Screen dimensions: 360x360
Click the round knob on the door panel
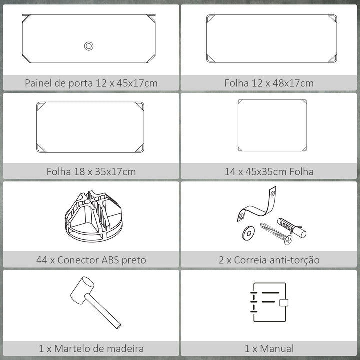point(89,46)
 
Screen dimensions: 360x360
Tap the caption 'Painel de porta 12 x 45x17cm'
point(91,83)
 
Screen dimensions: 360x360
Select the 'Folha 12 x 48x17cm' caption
point(270,83)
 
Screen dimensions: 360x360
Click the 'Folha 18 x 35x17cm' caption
point(91,171)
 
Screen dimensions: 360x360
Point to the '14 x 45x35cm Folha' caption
point(270,171)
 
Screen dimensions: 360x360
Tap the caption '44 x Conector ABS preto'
point(91,260)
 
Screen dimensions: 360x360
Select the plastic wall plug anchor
point(292,227)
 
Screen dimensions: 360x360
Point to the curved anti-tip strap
point(257,205)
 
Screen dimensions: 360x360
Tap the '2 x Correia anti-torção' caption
point(270,260)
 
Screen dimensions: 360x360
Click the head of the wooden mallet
point(82,290)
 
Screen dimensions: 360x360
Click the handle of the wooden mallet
point(105,312)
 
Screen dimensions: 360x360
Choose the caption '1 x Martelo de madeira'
point(91,348)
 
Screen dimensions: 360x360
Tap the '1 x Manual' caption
point(270,348)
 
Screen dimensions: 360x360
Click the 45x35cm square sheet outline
point(272,125)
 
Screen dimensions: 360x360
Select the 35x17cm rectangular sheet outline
point(90,127)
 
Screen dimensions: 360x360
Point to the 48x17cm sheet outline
point(271,38)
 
